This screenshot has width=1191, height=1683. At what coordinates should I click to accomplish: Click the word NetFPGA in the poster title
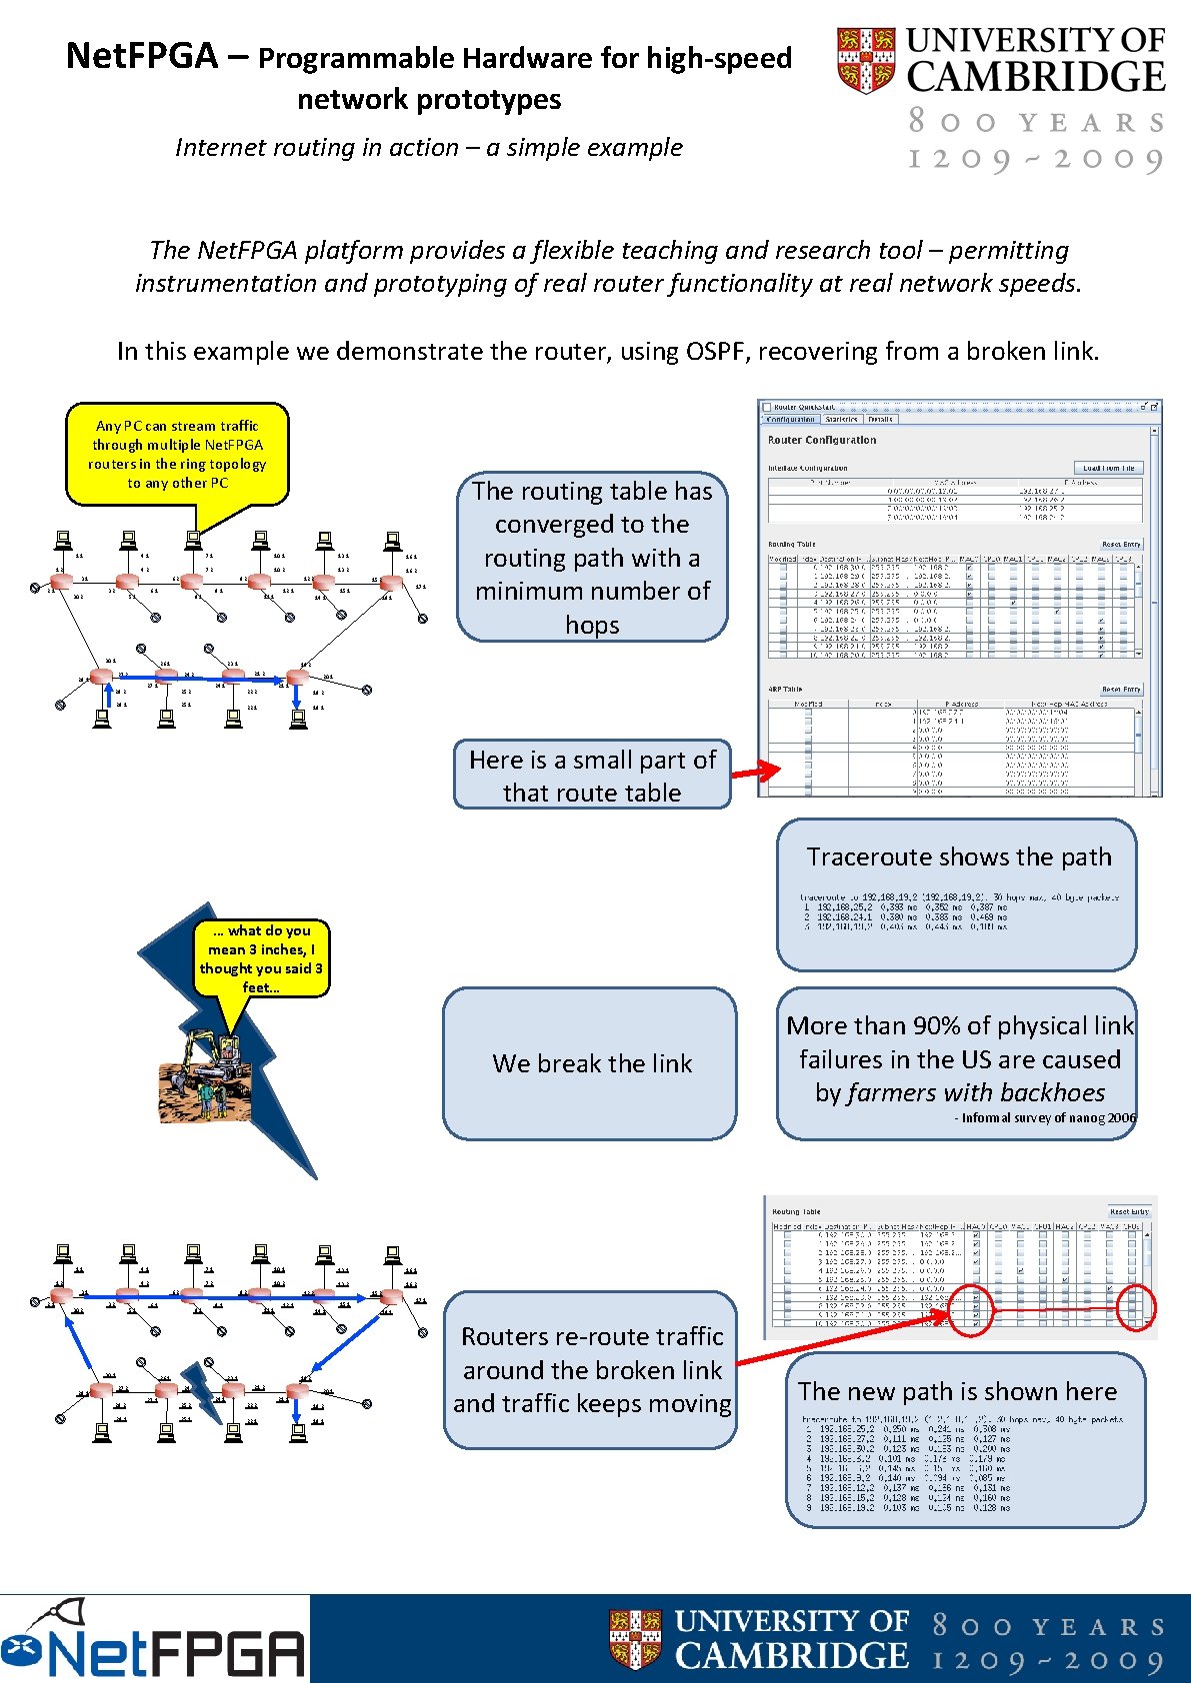[141, 56]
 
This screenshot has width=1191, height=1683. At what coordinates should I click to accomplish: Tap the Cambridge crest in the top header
[865, 60]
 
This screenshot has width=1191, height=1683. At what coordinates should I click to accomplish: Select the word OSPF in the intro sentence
[716, 352]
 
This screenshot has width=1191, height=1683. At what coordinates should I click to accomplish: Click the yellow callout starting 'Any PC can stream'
[177, 455]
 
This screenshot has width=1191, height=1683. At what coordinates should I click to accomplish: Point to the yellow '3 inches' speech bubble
[261, 958]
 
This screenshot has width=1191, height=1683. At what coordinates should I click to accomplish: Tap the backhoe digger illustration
[206, 1075]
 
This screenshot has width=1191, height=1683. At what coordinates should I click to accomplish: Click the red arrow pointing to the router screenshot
[755, 771]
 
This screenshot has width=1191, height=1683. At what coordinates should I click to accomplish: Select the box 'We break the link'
[591, 1063]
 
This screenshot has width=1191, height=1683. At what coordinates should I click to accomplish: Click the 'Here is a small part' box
[592, 776]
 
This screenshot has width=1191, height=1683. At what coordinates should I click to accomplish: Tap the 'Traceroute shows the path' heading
[958, 857]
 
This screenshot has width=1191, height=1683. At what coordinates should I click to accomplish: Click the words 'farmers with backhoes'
[976, 1092]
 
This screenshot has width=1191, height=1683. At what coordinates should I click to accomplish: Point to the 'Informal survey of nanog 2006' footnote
[1045, 1118]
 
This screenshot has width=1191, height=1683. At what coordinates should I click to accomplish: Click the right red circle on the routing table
[1135, 1307]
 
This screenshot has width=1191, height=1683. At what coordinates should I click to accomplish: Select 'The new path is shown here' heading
[957, 1391]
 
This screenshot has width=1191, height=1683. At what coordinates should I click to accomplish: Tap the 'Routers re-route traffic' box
[591, 1370]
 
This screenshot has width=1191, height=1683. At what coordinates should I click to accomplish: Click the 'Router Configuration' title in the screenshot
[822, 440]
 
